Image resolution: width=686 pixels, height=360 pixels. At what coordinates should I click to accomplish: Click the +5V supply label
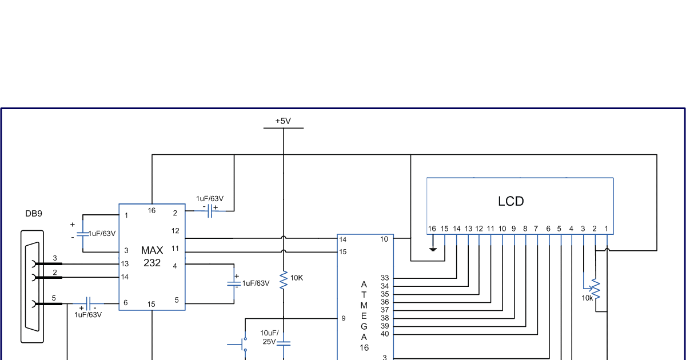point(283,121)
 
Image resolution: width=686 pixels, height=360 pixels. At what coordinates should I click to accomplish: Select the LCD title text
point(510,201)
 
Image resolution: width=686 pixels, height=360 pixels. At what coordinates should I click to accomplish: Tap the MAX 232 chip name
point(152,257)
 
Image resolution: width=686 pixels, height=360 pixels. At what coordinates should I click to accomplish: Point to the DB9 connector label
point(34,214)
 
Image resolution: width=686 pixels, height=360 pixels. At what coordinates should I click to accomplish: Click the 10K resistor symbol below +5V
point(284,280)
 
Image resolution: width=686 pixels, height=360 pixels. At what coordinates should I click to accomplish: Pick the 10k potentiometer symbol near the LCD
point(596,289)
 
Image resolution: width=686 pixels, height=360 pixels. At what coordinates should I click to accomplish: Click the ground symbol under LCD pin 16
point(433,249)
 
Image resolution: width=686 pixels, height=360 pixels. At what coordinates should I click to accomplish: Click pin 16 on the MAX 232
point(151,211)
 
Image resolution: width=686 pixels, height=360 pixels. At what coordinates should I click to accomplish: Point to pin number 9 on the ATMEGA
point(344,318)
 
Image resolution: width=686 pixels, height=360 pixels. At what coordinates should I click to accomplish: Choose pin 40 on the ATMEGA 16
point(385,334)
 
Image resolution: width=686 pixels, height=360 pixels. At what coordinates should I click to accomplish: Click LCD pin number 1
point(606,229)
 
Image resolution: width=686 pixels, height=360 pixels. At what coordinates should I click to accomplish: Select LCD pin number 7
point(536,229)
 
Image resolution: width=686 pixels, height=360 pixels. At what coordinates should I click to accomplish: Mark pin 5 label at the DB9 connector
point(54,298)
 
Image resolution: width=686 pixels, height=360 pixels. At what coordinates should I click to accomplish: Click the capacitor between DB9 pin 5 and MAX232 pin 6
point(88,303)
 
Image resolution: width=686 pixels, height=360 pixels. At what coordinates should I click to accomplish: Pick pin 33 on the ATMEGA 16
point(385,278)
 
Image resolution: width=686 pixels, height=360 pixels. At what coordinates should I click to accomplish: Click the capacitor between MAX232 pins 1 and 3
point(83,233)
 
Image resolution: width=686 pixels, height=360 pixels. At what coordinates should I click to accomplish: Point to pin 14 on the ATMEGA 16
point(343,239)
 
